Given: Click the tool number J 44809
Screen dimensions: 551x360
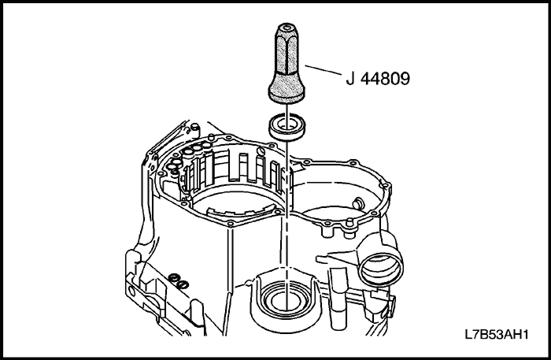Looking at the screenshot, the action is click(x=378, y=79).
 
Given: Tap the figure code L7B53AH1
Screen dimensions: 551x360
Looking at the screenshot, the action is click(x=497, y=334).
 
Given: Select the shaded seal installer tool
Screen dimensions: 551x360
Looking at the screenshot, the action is click(x=287, y=63).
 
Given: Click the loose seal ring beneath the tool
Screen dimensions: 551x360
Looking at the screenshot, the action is click(x=287, y=127).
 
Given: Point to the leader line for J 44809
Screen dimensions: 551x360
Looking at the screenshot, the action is click(x=324, y=69).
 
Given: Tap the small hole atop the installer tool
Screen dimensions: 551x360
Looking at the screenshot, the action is click(x=287, y=27).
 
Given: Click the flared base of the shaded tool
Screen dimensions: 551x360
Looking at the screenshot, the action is click(x=287, y=92).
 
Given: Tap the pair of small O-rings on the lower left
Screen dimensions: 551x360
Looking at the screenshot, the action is click(x=179, y=282).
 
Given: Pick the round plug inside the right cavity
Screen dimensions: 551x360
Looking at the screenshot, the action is click(x=357, y=203).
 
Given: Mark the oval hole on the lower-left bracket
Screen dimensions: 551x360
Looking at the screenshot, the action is click(x=131, y=291).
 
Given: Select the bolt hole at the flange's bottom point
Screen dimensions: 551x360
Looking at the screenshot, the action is click(x=230, y=224).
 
